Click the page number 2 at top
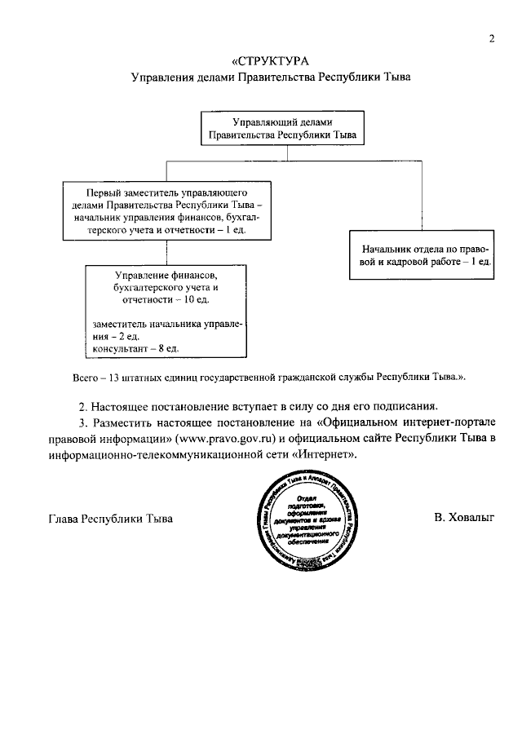point(493,38)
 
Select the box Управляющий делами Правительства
point(281,129)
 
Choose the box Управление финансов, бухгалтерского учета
point(166,310)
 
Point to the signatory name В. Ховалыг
point(464,518)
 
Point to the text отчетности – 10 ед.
point(166,300)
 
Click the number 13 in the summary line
point(115,378)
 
